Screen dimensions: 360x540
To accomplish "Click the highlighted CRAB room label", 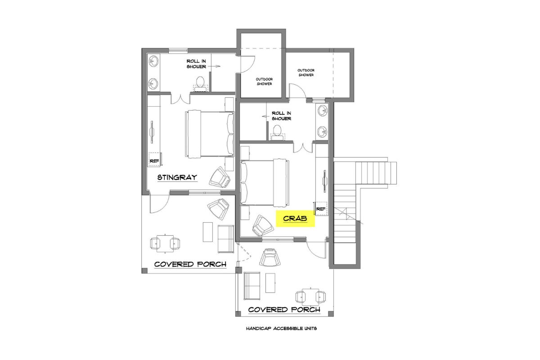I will pos(295,219).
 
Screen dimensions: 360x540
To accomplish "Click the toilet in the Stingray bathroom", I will pos(200,82).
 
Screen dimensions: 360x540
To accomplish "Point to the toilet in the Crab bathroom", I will pos(277,132).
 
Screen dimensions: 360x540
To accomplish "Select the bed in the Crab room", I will pos(265,182).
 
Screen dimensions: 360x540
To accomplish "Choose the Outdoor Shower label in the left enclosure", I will pos(264,81).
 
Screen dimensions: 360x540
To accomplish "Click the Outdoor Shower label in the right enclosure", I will pos(306,72).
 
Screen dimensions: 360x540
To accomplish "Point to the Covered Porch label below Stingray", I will pos(190,264).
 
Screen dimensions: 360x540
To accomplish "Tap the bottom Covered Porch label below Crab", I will pos(284,310).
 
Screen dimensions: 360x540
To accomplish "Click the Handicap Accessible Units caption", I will pos(281,328).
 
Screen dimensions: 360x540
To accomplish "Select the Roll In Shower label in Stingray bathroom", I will pos(197,63).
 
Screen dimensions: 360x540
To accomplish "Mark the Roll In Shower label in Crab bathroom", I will pos(281,116).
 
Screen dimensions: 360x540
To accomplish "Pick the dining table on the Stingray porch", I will pos(165,243).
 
